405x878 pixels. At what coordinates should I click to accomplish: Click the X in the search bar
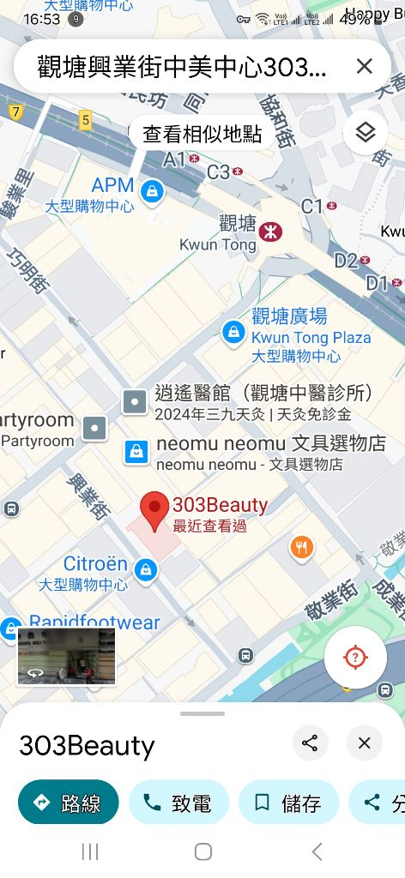click(364, 67)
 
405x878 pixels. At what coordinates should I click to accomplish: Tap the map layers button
click(366, 132)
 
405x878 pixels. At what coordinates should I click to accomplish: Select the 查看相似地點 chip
click(202, 134)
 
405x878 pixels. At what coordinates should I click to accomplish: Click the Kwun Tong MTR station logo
click(271, 231)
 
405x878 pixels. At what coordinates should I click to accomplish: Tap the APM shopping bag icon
click(152, 190)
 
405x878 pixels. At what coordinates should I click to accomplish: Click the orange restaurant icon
click(301, 547)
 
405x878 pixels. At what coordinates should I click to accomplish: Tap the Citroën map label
click(95, 564)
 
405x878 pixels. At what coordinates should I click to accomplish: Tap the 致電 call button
click(178, 803)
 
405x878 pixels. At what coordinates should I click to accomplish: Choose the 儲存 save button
click(288, 803)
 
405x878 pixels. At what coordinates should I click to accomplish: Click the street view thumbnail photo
click(66, 656)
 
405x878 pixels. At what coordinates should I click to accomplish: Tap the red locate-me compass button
click(355, 658)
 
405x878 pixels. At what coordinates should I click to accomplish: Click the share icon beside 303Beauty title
click(310, 743)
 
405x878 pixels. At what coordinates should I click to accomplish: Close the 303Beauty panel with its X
click(364, 743)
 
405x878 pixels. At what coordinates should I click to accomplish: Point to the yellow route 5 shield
click(85, 120)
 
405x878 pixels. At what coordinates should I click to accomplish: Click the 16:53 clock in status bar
click(41, 18)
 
